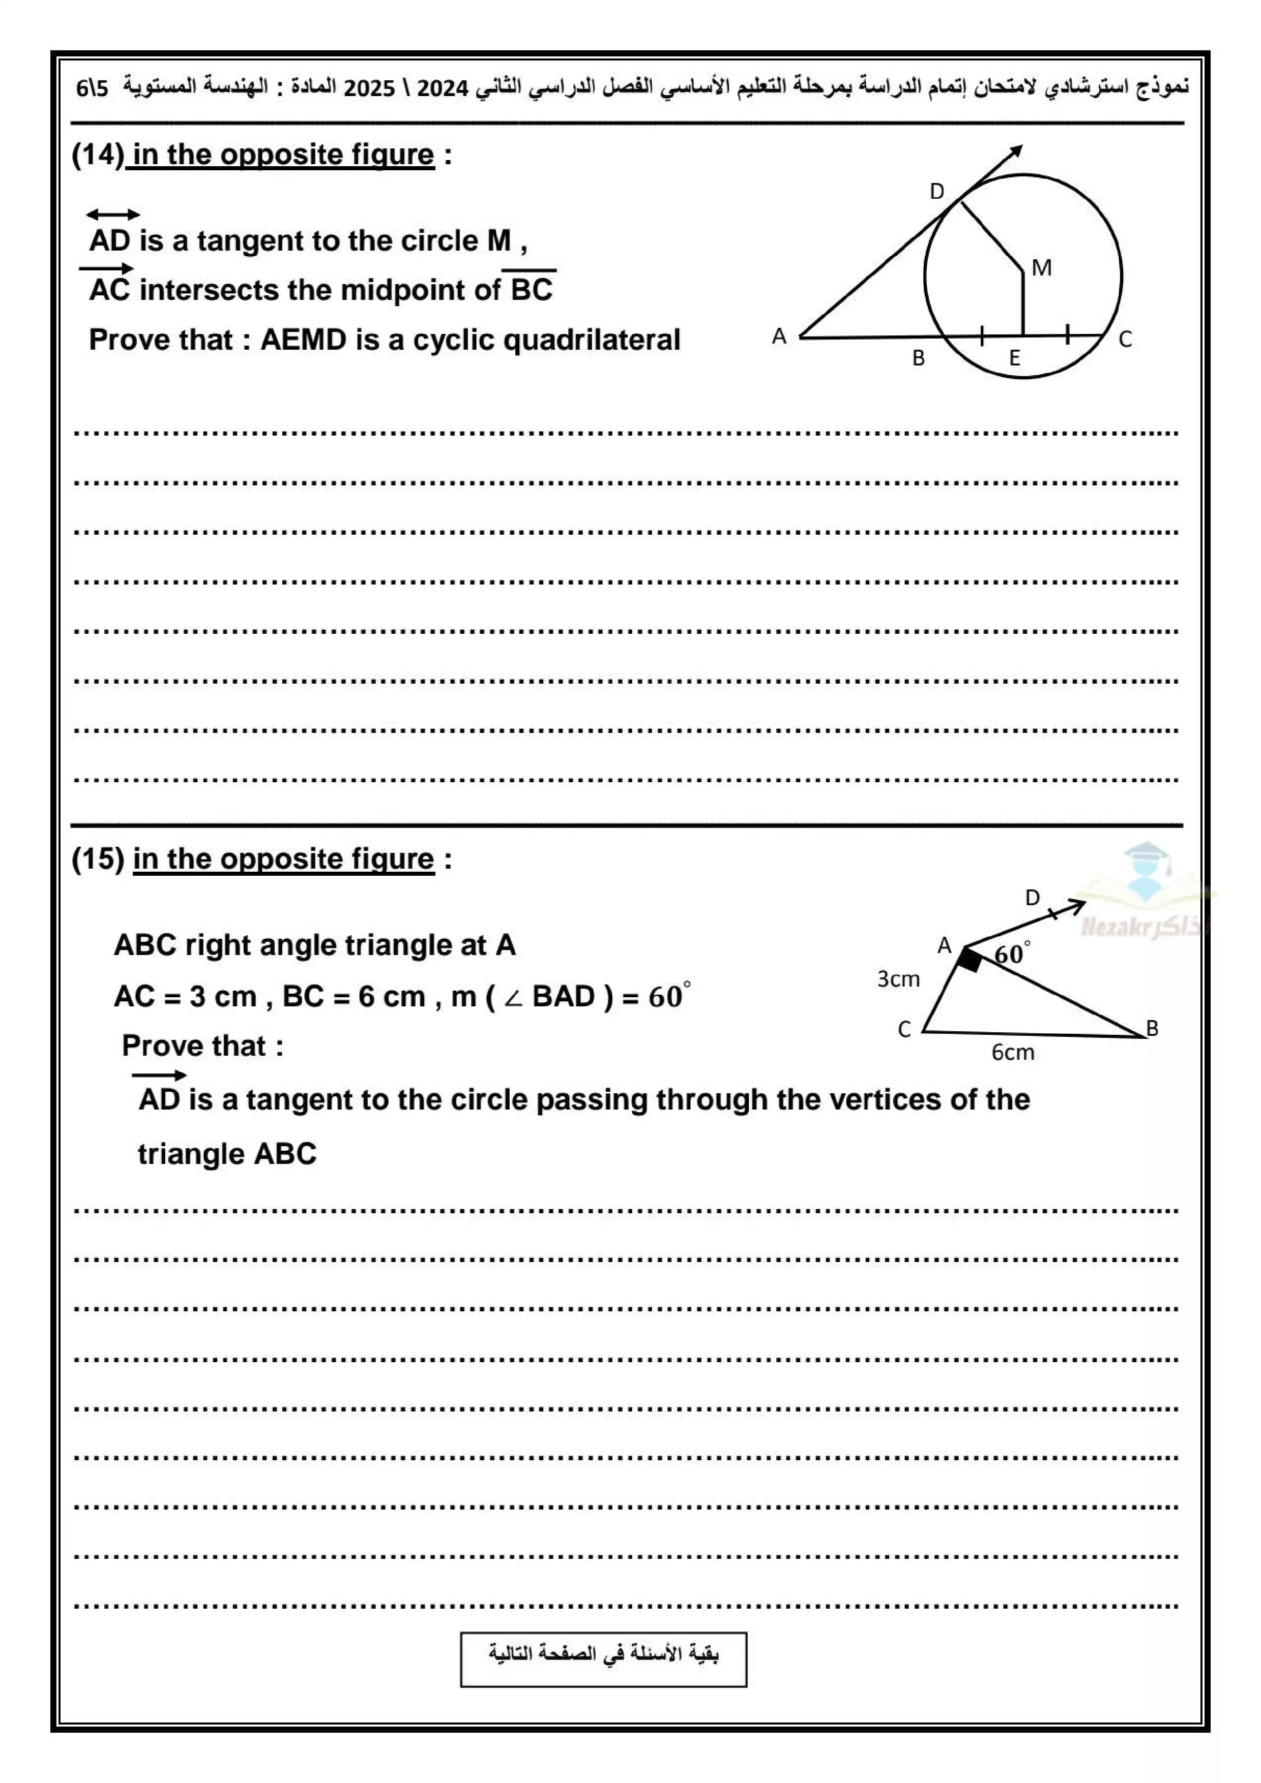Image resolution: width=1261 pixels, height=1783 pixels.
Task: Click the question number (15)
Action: [98, 859]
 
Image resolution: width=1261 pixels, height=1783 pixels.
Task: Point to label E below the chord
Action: [1014, 359]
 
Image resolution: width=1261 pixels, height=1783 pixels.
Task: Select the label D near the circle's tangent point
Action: [937, 192]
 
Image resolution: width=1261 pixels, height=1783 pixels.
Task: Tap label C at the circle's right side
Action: [1125, 340]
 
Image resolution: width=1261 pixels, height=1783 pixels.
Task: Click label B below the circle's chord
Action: [918, 359]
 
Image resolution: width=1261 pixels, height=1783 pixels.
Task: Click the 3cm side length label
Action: [898, 979]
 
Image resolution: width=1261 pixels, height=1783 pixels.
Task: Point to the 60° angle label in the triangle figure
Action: [1012, 954]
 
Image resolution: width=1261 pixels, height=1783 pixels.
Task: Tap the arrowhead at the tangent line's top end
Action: [1017, 150]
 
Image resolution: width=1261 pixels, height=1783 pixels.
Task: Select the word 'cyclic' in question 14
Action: [455, 340]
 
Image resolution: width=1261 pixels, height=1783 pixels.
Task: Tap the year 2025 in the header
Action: [369, 88]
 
